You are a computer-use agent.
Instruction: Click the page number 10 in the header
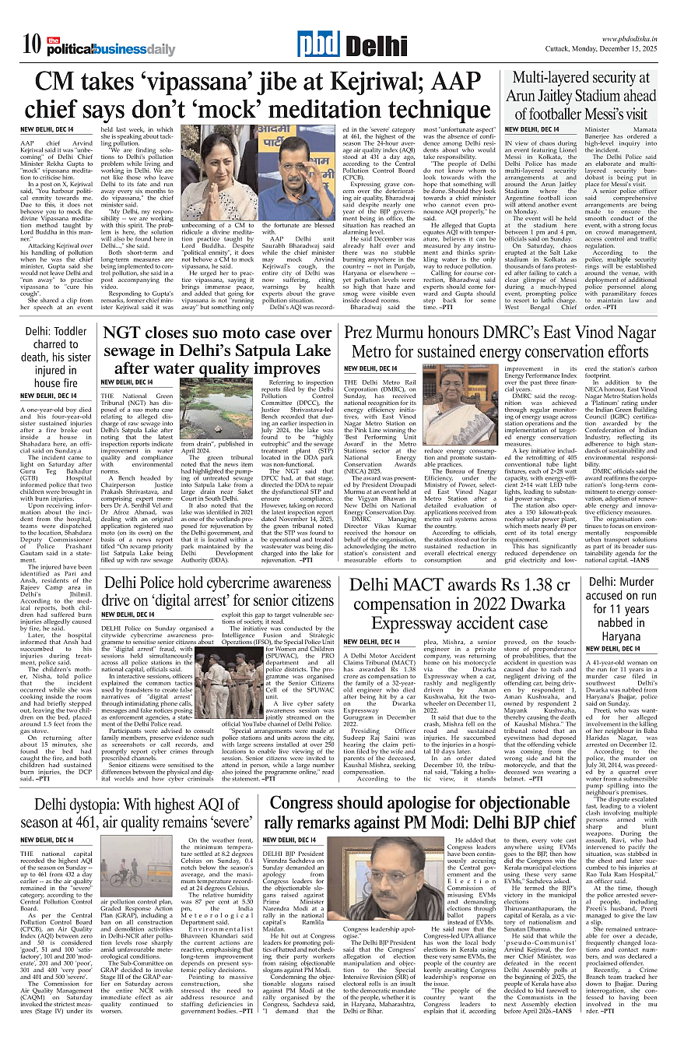(x=31, y=44)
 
